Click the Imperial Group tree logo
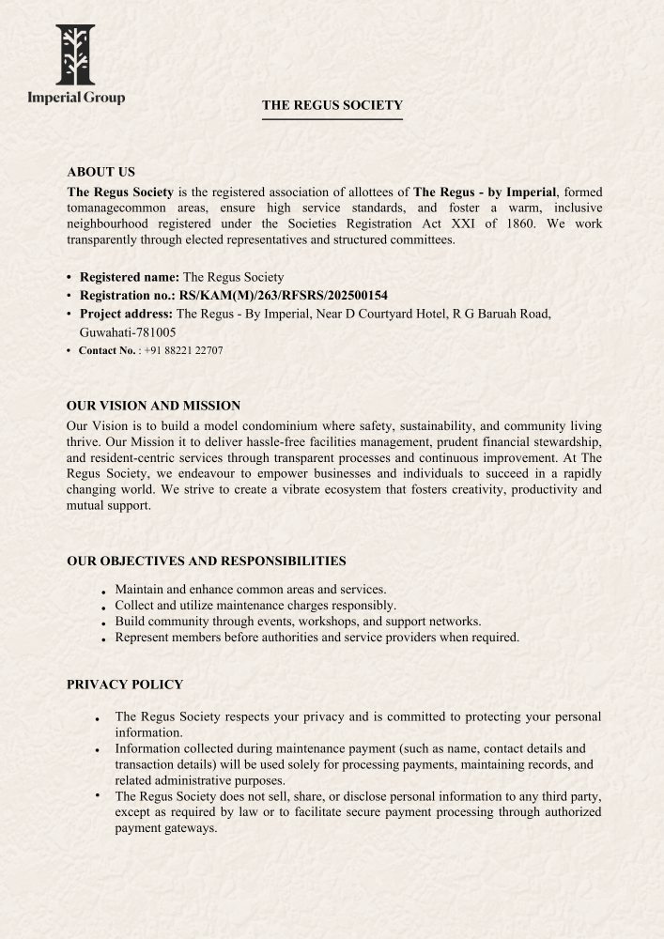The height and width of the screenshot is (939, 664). pos(75,54)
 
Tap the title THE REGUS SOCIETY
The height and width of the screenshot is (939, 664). pos(332,105)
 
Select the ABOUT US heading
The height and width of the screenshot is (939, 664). pos(100,172)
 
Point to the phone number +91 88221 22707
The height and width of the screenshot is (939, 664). pos(183,350)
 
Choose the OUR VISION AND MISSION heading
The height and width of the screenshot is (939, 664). pos(153,406)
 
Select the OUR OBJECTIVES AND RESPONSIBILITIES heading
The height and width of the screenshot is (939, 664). pos(206,561)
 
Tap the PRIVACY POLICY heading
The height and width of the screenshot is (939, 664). pos(124,685)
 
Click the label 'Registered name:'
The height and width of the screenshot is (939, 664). pos(129,277)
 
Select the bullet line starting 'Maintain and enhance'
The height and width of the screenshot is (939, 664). pos(251,589)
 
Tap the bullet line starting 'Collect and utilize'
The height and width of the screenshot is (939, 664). pos(255,606)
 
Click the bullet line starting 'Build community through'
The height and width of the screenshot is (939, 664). pos(298,622)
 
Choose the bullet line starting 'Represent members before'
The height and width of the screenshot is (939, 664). pos(317,638)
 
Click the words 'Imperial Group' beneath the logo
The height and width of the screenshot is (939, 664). pos(76,97)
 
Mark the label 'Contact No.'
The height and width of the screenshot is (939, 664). pos(107,350)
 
